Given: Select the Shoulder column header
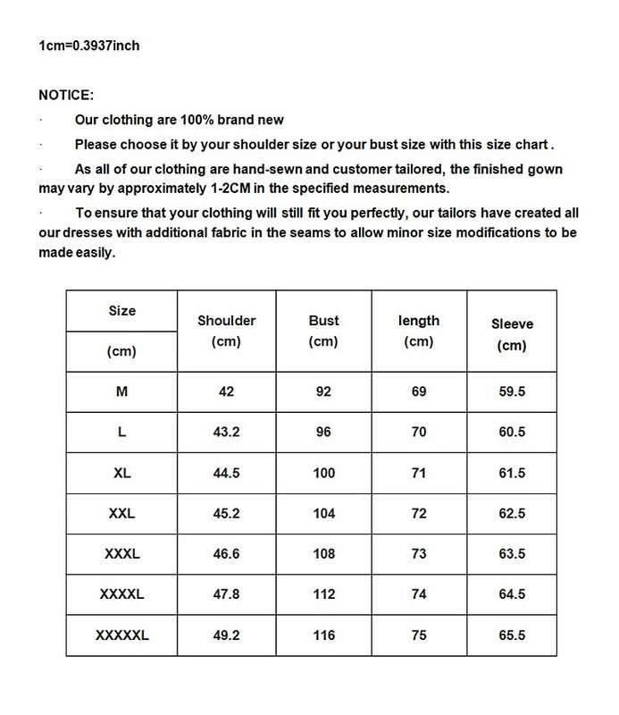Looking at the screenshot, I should click(x=226, y=320).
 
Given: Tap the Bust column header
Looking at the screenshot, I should click(x=323, y=319).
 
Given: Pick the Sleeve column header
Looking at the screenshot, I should click(x=513, y=324).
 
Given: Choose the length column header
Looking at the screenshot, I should click(x=418, y=320).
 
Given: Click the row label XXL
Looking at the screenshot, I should click(x=122, y=513).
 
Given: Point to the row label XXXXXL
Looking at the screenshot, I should click(x=122, y=635).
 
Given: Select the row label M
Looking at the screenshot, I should click(x=122, y=391).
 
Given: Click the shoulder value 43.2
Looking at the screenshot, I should click(x=226, y=433).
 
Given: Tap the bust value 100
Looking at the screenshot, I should click(x=323, y=473).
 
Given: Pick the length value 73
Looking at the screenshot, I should click(x=418, y=554).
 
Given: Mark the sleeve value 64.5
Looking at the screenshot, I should click(x=513, y=594).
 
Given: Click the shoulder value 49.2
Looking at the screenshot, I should click(x=226, y=635).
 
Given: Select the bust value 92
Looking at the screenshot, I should click(x=323, y=391).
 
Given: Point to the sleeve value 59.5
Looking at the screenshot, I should click(x=513, y=391).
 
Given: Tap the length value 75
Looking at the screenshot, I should click(x=418, y=635).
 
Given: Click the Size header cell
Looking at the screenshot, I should click(x=122, y=311).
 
